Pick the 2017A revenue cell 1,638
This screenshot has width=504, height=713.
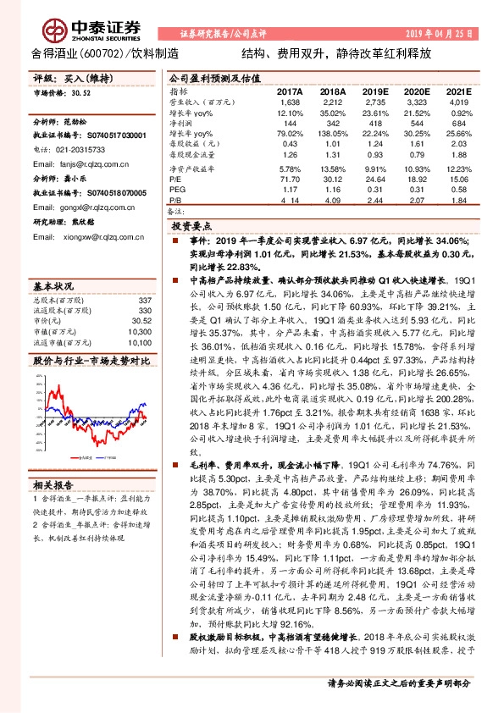click(x=290, y=102)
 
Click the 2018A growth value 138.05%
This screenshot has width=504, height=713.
click(x=334, y=134)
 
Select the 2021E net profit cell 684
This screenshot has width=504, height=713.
click(x=457, y=123)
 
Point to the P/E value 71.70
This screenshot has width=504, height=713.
click(x=290, y=180)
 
